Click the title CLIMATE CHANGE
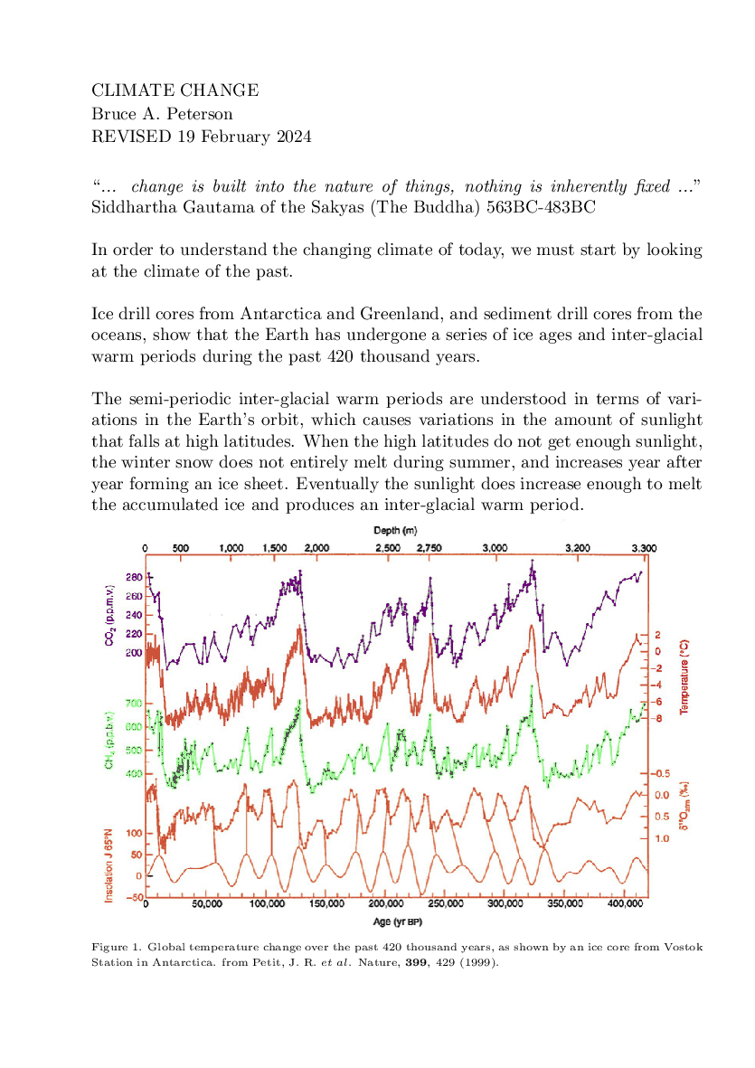[x=175, y=90]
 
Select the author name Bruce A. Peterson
[x=162, y=113]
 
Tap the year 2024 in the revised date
[x=294, y=137]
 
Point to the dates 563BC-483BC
[x=541, y=207]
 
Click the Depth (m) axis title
[x=395, y=530]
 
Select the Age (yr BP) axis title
[x=398, y=922]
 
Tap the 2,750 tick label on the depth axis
[x=429, y=548]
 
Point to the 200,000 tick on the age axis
[x=386, y=903]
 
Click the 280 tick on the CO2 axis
[x=134, y=578]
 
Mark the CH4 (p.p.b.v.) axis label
[x=109, y=741]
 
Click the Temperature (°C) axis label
[x=684, y=677]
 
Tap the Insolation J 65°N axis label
[x=109, y=865]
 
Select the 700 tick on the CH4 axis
[x=134, y=703]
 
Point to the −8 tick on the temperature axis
[x=658, y=718]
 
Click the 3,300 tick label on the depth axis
[x=644, y=548]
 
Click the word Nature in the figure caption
[x=380, y=962]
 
